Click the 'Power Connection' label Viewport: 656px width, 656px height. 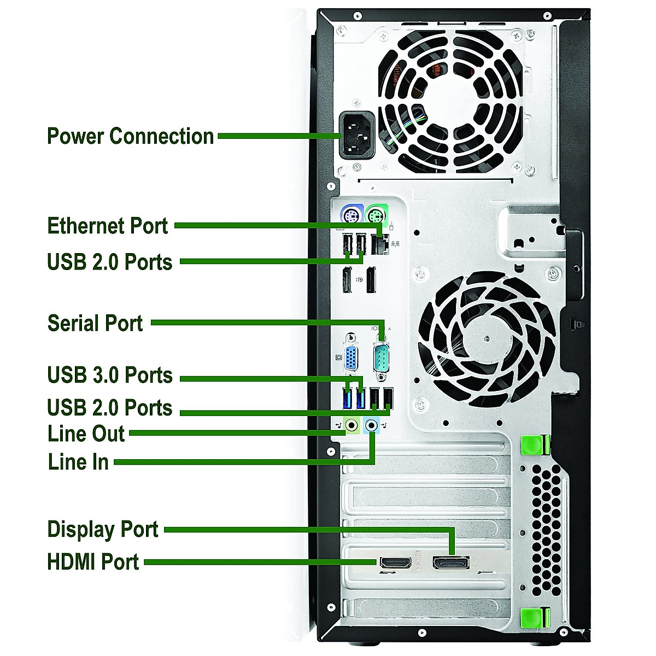coord(130,136)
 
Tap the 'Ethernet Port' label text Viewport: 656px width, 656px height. coord(108,225)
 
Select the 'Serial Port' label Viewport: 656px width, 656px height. coord(95,323)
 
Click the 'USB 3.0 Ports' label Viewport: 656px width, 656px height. coord(110,376)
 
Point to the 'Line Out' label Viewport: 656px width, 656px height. coord(86,434)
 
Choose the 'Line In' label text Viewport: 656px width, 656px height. coord(79,462)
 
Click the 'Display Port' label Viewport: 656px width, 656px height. coord(103,529)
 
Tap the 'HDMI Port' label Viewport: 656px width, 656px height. coord(93,561)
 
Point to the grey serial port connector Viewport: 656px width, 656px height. coord(381,358)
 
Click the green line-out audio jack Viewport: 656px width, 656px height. coord(352,424)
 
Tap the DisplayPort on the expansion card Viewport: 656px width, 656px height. coord(450,562)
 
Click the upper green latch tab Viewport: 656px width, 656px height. coord(535,444)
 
